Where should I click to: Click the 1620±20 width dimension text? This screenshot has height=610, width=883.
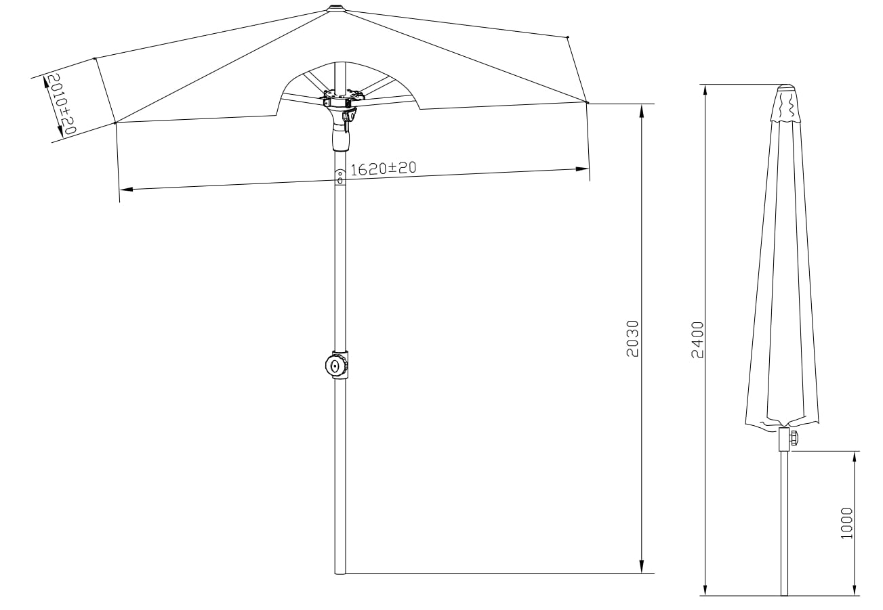pyautogui.click(x=383, y=169)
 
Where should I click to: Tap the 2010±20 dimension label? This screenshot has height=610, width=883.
pyautogui.click(x=62, y=104)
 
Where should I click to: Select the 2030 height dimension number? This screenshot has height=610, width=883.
pyautogui.click(x=632, y=339)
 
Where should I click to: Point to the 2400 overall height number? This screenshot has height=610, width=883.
pyautogui.click(x=697, y=340)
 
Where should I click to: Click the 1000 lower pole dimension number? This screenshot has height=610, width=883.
pyautogui.click(x=846, y=523)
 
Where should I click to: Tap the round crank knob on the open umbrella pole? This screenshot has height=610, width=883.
pyautogui.click(x=336, y=366)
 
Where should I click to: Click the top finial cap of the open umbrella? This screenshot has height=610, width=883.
pyautogui.click(x=336, y=8)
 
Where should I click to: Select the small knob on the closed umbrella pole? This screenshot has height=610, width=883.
pyautogui.click(x=793, y=437)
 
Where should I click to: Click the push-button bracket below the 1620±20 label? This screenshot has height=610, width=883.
pyautogui.click(x=340, y=176)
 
